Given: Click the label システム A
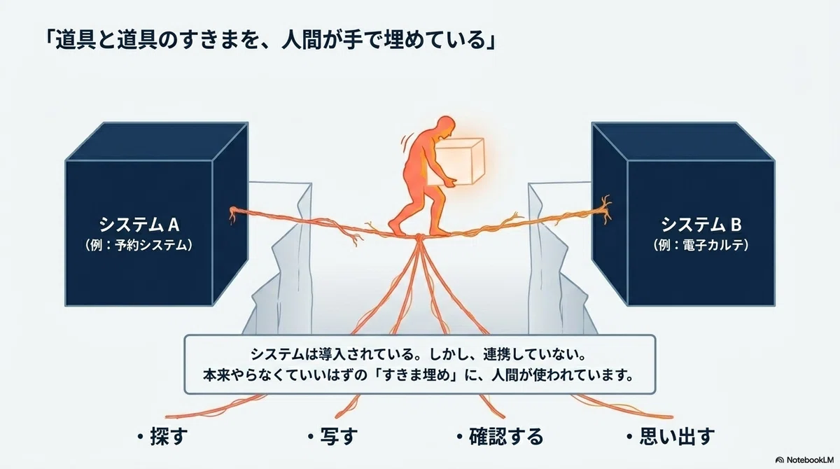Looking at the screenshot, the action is click(x=139, y=225).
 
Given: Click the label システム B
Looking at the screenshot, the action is click(x=701, y=225).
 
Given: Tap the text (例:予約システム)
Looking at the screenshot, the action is click(x=139, y=245).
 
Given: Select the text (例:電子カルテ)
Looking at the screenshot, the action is click(x=701, y=245).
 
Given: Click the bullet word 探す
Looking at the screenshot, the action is click(x=169, y=436).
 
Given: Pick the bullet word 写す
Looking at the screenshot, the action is click(x=339, y=436).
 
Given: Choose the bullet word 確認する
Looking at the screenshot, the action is click(x=506, y=436).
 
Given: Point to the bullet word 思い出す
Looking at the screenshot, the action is click(x=677, y=436).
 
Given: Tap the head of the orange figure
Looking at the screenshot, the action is click(x=446, y=126).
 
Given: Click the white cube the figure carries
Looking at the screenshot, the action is click(x=456, y=162).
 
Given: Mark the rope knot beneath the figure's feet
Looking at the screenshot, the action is click(x=419, y=238).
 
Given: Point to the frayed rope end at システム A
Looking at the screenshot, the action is click(x=233, y=214).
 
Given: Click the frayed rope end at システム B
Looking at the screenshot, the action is click(x=605, y=209).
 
